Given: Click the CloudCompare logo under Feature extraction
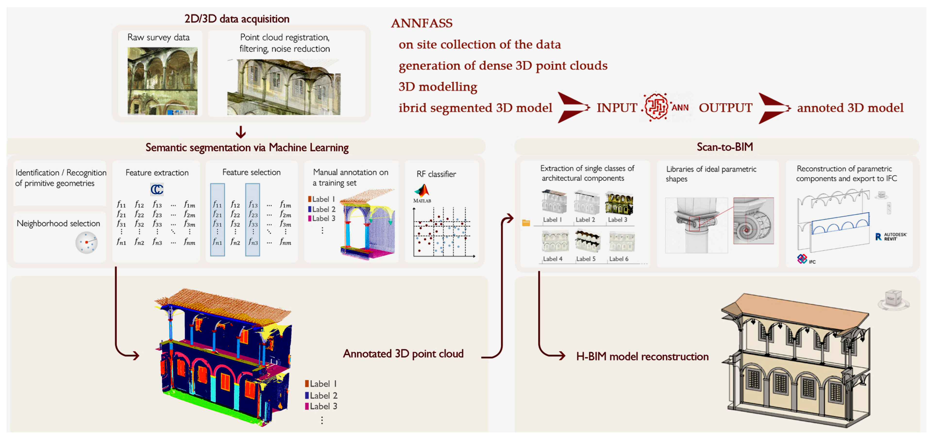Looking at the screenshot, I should pos(157,189).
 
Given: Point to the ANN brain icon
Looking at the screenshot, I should pos(656,107).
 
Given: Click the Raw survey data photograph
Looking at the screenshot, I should pos(162,81).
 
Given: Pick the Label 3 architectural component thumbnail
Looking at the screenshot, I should pos(619,203).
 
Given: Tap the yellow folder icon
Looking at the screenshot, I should pos(526,223).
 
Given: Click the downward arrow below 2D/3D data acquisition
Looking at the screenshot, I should pos(241,132).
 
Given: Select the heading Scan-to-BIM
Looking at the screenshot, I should pos(724,147).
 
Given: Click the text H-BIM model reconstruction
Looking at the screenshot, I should pos(642,357).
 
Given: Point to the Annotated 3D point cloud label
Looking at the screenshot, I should pos(403,354).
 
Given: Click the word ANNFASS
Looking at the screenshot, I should pos(422,23).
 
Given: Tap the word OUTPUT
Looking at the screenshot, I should pos(725,108).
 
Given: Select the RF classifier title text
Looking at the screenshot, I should pos(436,174).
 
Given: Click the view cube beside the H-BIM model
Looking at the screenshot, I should pos(893,299).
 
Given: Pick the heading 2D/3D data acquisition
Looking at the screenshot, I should pos(237,19).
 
